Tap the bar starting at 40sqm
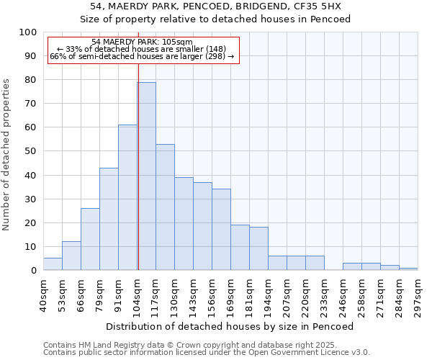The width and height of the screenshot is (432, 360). pos(53,264)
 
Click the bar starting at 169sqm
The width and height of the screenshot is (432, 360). pos(240,248)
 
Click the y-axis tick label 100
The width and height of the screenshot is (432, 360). pos(27,32)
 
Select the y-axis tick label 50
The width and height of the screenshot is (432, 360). pos(30,151)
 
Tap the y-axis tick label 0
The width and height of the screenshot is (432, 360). pos(32,271)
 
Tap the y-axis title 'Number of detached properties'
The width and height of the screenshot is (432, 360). pos(6,155)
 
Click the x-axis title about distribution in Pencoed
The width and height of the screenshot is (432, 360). pos(230,326)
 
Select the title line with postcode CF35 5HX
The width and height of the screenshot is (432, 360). pos(215,6)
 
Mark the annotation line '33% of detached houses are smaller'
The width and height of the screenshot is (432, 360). pos(141,49)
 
